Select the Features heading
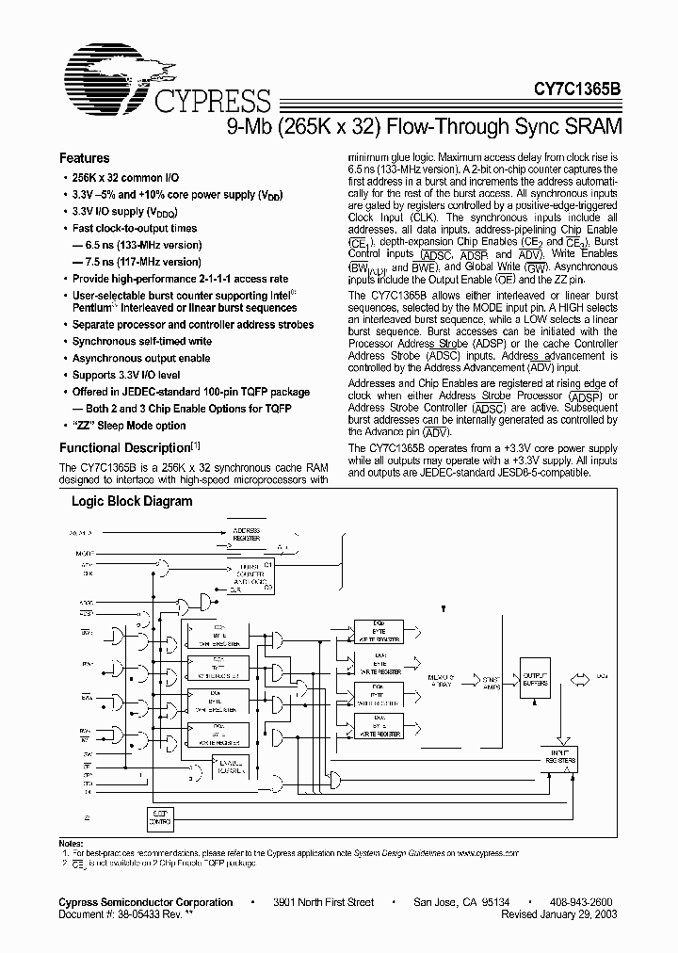[x=85, y=159]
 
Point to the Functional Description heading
[x=125, y=448]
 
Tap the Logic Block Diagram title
[x=132, y=502]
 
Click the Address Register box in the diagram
[x=246, y=534]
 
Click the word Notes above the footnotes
[x=73, y=842]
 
